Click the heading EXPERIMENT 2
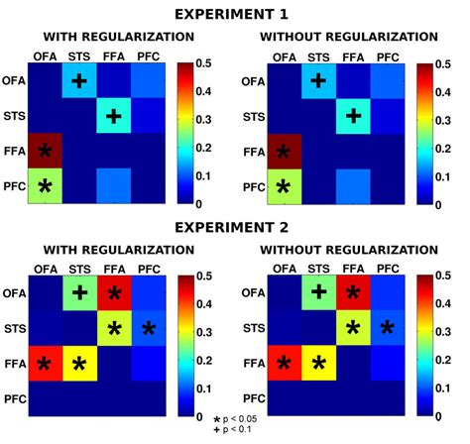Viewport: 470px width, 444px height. [235, 227]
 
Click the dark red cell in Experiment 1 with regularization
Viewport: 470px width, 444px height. [45, 152]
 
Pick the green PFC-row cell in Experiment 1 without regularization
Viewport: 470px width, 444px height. [285, 185]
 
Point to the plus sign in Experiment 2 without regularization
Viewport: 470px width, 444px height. [318, 291]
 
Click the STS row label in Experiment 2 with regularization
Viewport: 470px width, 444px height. [15, 327]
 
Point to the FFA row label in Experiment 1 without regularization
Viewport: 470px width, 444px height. [254, 152]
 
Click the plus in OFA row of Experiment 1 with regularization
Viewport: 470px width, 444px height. [79, 81]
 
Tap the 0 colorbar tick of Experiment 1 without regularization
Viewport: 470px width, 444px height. [447, 203]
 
